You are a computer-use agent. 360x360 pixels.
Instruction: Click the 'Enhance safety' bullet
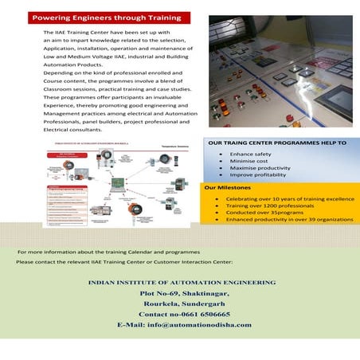[x=249, y=153]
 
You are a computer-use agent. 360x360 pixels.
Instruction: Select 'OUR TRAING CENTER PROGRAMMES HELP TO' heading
[x=276, y=143]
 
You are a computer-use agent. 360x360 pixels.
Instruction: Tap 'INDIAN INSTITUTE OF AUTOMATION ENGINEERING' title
[x=182, y=282]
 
